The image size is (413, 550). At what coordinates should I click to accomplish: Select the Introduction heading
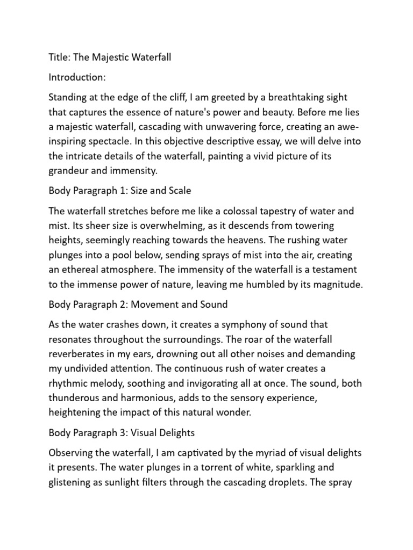coord(77,77)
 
